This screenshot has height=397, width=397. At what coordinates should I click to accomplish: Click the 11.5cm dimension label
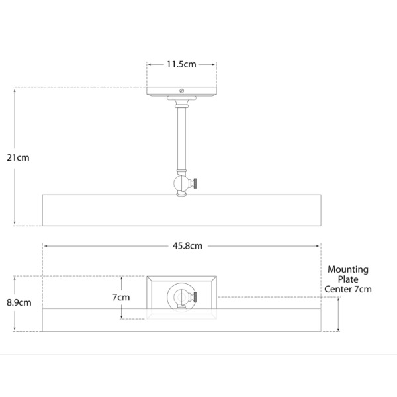coord(181,64)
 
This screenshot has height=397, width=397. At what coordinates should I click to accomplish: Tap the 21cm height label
coord(18,157)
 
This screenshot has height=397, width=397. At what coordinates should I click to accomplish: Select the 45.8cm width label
coord(187,246)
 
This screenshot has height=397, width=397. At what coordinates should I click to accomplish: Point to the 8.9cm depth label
coord(19,302)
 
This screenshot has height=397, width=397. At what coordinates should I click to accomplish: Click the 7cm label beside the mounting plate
coord(121,297)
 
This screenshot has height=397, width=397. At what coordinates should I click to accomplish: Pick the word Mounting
coord(348,270)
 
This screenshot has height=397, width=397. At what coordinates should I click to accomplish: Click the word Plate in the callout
coord(348,279)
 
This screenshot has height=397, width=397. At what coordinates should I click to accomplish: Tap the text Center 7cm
coord(348,289)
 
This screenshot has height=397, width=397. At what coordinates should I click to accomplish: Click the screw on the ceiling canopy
coord(181,91)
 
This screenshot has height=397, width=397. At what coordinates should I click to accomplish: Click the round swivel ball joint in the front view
coord(181,183)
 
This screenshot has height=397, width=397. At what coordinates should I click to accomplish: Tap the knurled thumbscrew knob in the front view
coord(194,183)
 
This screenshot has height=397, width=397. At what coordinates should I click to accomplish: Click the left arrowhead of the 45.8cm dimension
coord(45,246)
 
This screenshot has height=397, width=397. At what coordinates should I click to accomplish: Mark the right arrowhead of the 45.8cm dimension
coord(318,246)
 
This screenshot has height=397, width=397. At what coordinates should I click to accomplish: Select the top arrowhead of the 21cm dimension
coord(15,90)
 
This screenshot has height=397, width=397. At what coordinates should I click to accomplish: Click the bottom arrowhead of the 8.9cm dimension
coord(15,329)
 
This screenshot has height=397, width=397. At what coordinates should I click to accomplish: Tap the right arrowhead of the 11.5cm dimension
coord(213,64)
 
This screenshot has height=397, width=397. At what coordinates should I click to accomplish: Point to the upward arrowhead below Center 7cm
coord(338,300)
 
